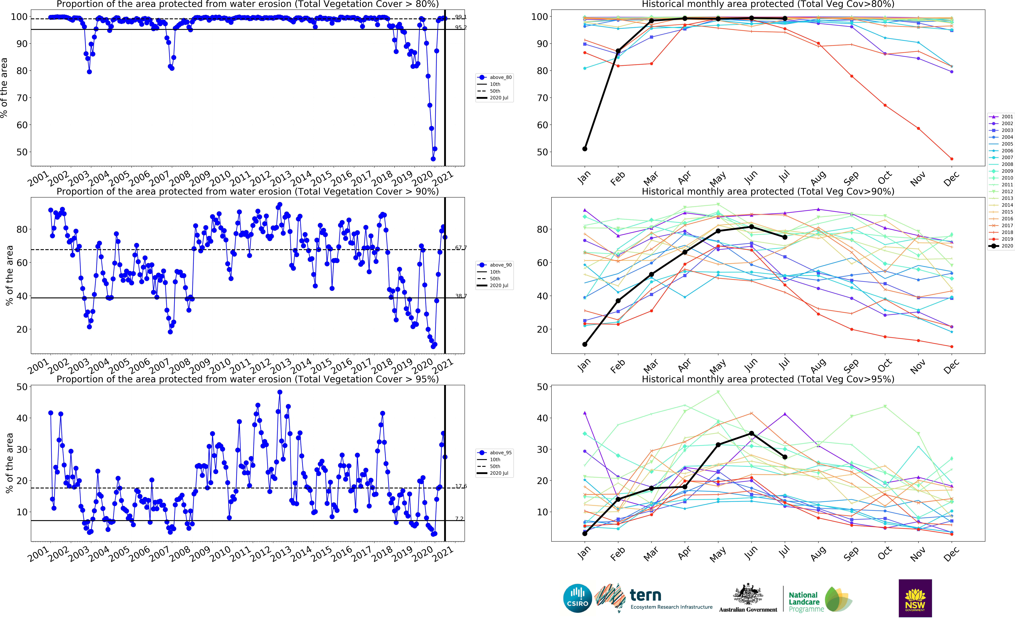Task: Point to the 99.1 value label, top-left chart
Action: point(460,17)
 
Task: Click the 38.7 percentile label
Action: point(460,296)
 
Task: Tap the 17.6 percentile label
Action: point(460,486)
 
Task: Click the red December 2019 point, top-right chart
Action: point(951,159)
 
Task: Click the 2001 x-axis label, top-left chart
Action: point(38,179)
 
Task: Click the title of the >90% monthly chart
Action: point(768,191)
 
